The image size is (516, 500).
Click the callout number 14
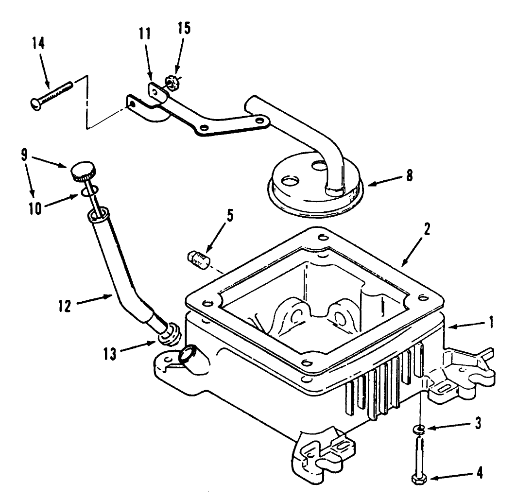pos(38,43)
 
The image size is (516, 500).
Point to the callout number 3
pos(478,423)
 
